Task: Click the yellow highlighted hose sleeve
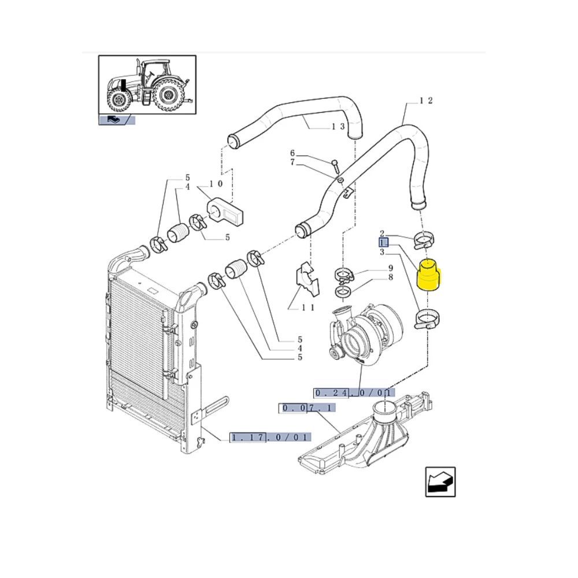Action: click(429, 275)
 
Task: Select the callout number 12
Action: click(426, 101)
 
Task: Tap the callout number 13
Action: click(338, 127)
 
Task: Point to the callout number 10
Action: click(216, 183)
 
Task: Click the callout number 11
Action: click(308, 307)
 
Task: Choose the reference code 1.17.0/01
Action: click(270, 438)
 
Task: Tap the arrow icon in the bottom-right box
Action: click(440, 482)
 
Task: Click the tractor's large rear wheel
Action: click(168, 95)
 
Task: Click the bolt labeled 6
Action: click(335, 166)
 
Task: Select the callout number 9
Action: click(391, 268)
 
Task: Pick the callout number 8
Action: click(391, 277)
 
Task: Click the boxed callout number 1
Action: click(383, 243)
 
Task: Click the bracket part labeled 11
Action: click(307, 279)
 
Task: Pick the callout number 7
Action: click(292, 162)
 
